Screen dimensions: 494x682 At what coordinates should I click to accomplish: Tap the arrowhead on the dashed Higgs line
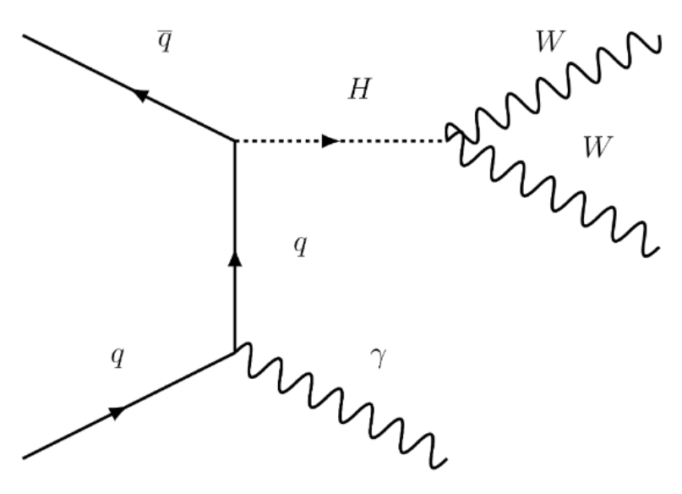[330, 141]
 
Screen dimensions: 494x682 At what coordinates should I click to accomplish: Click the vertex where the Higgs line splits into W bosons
[450, 141]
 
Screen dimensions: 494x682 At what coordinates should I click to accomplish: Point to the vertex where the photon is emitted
[235, 352]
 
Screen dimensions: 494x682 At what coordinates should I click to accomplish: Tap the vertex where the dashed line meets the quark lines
[235, 141]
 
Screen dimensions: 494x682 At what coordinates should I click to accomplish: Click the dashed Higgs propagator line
[389, 141]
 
